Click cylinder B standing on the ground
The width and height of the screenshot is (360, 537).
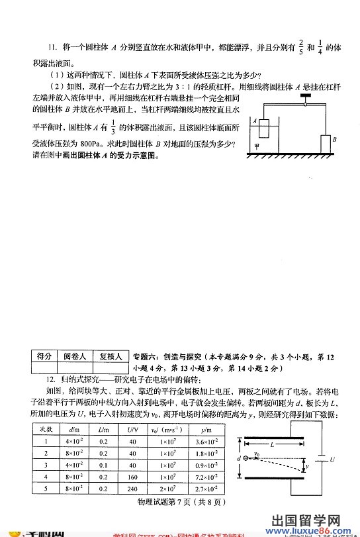click(x=325, y=144)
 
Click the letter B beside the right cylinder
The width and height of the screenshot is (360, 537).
click(x=336, y=140)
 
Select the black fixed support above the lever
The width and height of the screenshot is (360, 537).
click(x=305, y=96)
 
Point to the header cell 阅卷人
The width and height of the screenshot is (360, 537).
click(x=74, y=356)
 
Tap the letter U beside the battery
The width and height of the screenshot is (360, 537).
click(x=332, y=459)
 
